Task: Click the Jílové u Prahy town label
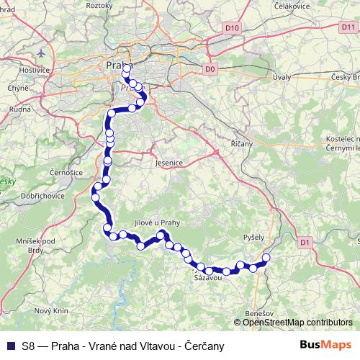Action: click(156, 223)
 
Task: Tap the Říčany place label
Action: click(242, 144)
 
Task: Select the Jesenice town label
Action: click(170, 163)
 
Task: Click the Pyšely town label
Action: click(254, 236)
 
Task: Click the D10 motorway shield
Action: click(231, 29)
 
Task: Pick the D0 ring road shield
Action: click(210, 69)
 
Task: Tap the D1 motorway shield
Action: click(305, 243)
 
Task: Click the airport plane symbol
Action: click(42, 54)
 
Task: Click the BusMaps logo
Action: click(325, 345)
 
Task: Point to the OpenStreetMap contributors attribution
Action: click(298, 323)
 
